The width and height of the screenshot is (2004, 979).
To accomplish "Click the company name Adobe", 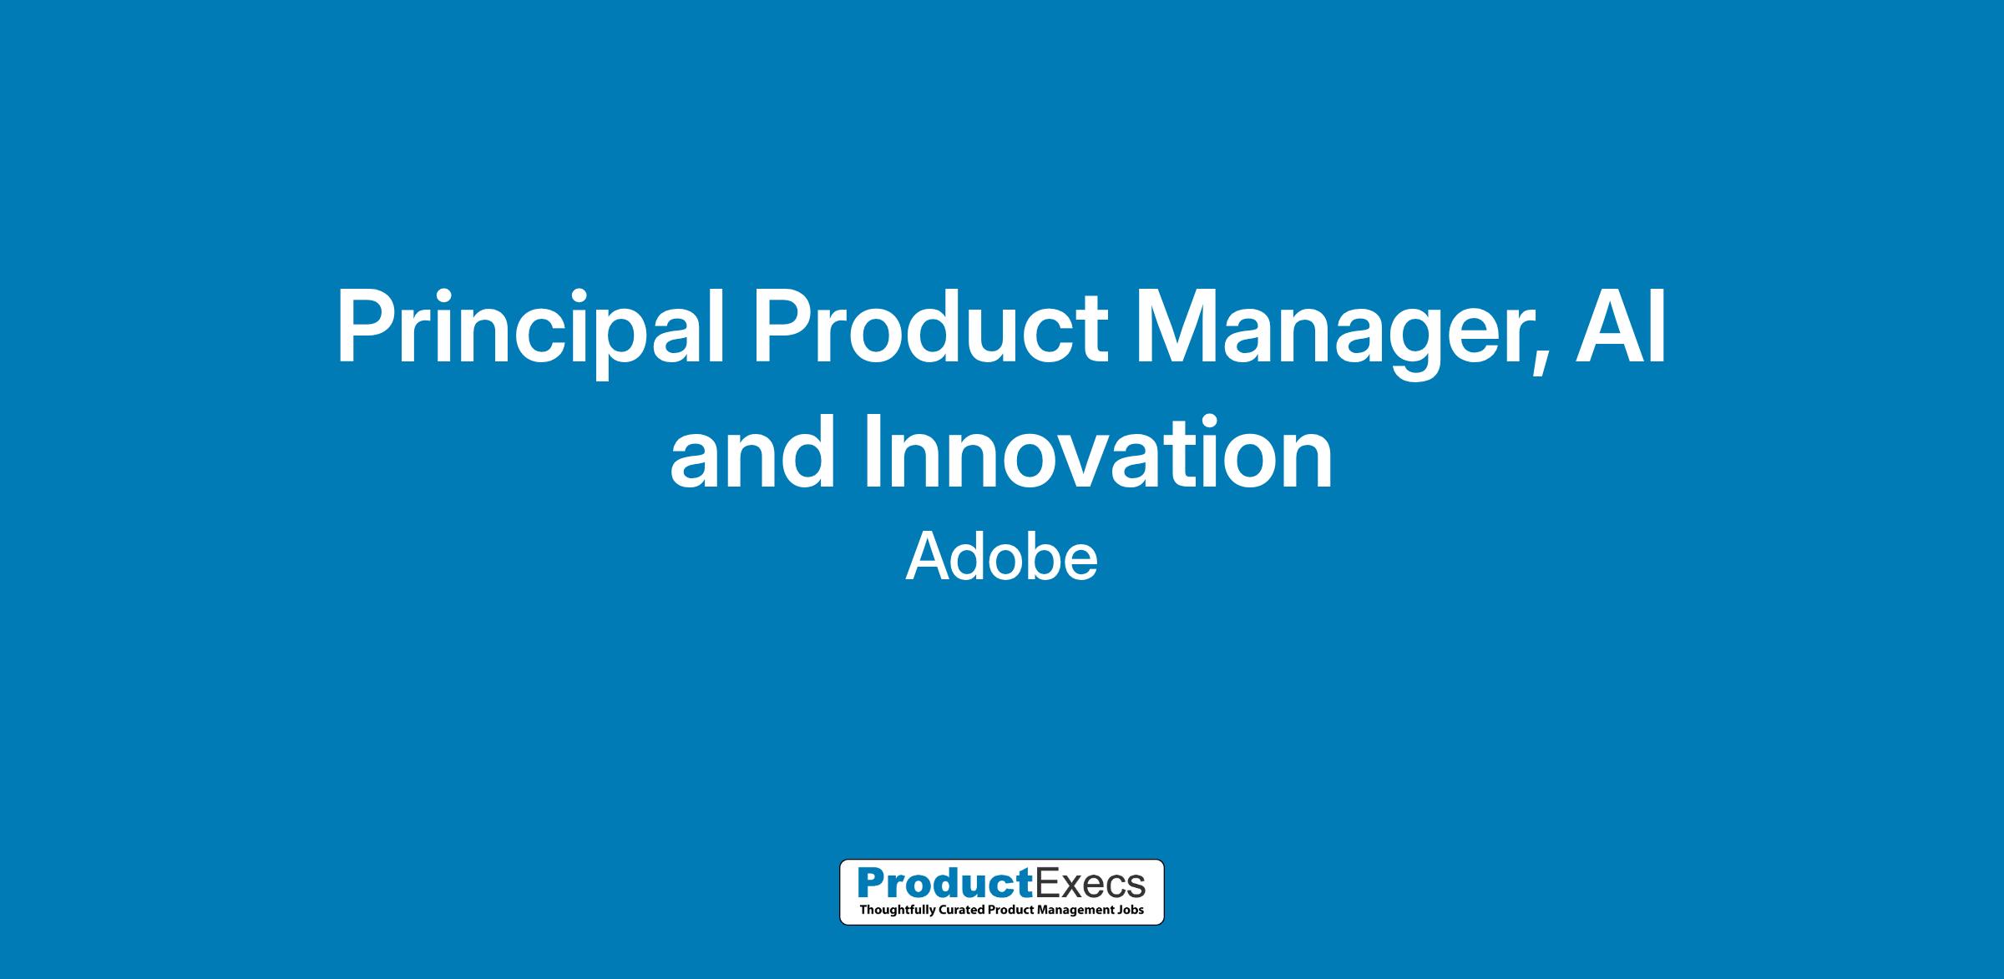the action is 1002,558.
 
